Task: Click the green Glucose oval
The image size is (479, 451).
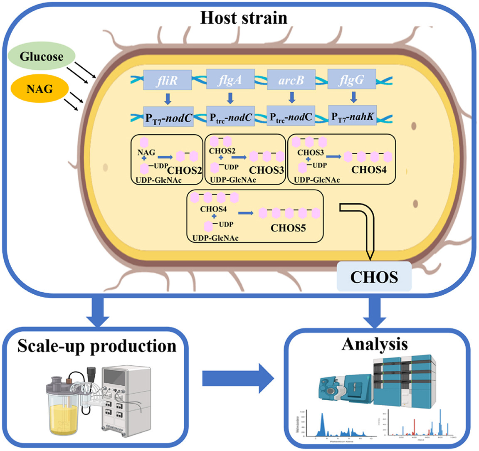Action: click(41, 57)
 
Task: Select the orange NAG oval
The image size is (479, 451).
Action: click(40, 88)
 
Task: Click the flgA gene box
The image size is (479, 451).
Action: click(230, 80)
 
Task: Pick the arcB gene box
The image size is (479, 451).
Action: click(291, 80)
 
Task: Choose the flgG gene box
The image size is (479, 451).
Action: click(352, 80)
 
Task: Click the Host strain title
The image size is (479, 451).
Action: click(243, 18)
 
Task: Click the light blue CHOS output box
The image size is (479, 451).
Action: click(374, 277)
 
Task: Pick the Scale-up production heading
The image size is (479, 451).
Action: click(96, 346)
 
